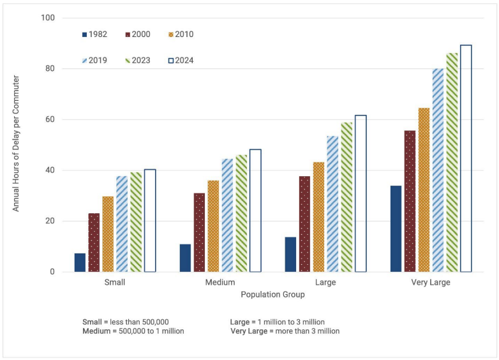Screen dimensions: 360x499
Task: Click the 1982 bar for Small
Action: pos(80,262)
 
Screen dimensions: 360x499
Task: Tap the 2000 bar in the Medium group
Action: pos(199,232)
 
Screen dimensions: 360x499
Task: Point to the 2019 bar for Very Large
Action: pos(438,170)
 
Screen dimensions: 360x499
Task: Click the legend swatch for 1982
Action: pos(86,34)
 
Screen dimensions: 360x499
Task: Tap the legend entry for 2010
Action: pos(182,34)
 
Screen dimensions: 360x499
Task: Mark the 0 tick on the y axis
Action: pos(53,272)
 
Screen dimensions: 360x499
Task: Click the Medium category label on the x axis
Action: pos(220,282)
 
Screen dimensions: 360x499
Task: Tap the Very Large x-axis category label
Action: pos(431,282)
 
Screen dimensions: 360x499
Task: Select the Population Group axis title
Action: pos(272,295)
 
